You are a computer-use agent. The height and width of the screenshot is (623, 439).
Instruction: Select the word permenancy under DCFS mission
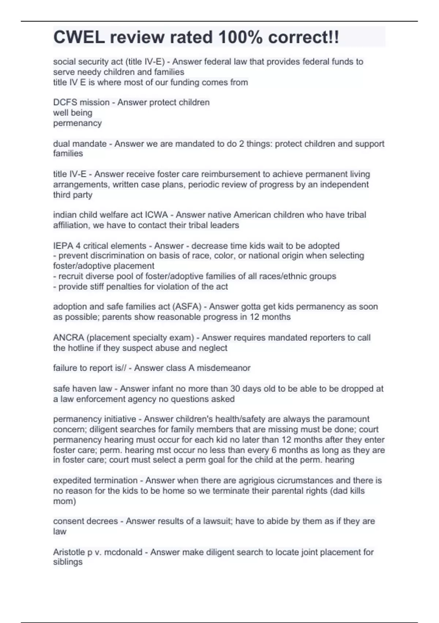77,123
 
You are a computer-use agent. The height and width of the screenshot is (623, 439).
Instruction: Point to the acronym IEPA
63,246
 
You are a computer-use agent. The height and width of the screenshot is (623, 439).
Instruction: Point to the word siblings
68,562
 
